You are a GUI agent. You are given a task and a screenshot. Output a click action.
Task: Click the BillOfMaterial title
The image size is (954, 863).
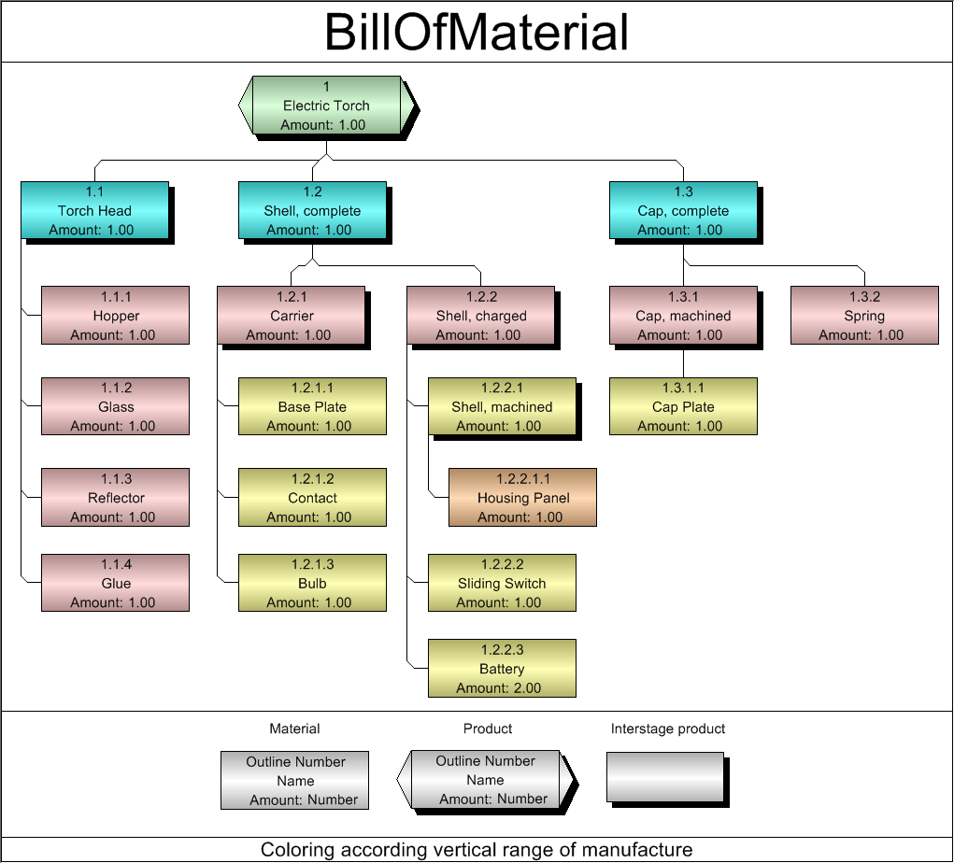[x=477, y=32]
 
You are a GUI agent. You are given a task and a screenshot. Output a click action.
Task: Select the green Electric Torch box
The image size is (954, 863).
[x=326, y=106]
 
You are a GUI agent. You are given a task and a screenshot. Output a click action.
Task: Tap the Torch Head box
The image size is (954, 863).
[x=94, y=211]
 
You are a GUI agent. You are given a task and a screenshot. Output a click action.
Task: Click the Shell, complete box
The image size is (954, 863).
[x=312, y=211]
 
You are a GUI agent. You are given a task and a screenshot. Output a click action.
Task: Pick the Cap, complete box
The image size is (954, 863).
[x=683, y=211]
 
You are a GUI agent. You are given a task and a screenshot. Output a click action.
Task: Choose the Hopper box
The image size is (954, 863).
[x=115, y=316]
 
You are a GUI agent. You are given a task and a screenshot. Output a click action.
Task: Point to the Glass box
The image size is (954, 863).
[x=115, y=406]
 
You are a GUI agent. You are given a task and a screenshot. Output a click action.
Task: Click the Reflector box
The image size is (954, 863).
[x=115, y=498]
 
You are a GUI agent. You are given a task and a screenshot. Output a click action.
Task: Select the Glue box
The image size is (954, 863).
[x=115, y=583]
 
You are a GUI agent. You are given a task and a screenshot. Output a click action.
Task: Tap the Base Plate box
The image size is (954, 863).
[x=312, y=406]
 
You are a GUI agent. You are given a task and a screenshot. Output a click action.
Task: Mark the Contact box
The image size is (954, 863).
[x=312, y=498]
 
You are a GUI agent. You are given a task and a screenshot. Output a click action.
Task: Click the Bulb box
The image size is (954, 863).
[x=312, y=583]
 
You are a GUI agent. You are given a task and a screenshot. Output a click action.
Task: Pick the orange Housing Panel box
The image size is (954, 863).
[x=522, y=498]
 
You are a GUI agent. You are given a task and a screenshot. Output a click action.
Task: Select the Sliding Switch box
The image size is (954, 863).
[x=502, y=583]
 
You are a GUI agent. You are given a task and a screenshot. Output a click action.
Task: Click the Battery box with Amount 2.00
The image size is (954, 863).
[x=502, y=669]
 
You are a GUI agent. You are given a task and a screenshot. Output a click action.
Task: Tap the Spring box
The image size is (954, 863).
[x=864, y=316]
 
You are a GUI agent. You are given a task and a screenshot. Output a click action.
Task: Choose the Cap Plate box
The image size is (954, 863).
[x=683, y=406]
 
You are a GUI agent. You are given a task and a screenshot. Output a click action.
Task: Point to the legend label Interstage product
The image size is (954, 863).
[x=668, y=729]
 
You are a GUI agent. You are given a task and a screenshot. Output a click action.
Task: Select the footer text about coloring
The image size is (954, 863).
[x=477, y=850]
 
